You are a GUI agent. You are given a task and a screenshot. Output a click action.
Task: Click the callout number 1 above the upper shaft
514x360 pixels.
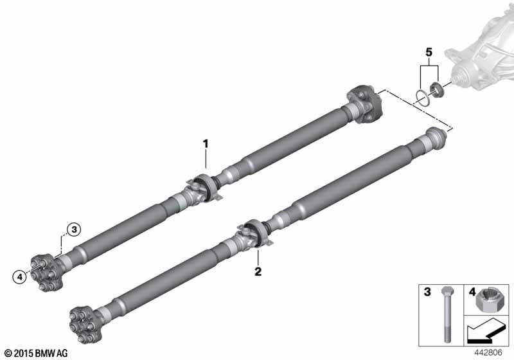coord(206,143)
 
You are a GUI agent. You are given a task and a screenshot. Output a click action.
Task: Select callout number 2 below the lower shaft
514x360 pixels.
coord(258,271)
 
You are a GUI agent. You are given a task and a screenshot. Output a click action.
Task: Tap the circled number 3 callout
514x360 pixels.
coord(74,230)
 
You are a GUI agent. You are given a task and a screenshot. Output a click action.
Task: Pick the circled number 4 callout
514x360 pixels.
coord(20,277)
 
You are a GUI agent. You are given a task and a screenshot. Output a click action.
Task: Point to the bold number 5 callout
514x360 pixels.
coord(429,52)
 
